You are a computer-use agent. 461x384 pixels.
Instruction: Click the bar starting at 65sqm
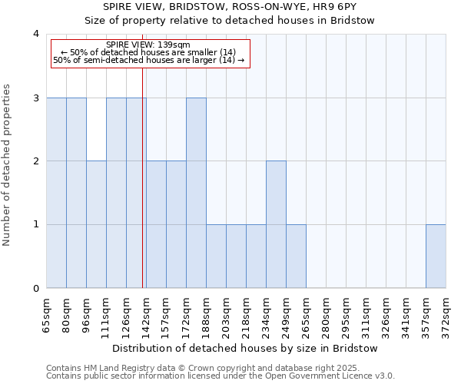tap(56, 193)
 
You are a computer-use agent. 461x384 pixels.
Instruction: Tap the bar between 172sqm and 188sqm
tap(196, 193)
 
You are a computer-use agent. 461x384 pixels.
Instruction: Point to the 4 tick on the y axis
tap(36, 34)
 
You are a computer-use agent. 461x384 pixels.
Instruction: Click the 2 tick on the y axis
tap(36, 161)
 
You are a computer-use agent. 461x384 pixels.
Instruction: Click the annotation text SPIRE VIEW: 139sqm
tap(148, 45)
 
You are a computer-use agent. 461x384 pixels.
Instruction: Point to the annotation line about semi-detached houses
tap(149, 60)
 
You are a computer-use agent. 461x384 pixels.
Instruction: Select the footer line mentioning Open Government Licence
tap(221, 376)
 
